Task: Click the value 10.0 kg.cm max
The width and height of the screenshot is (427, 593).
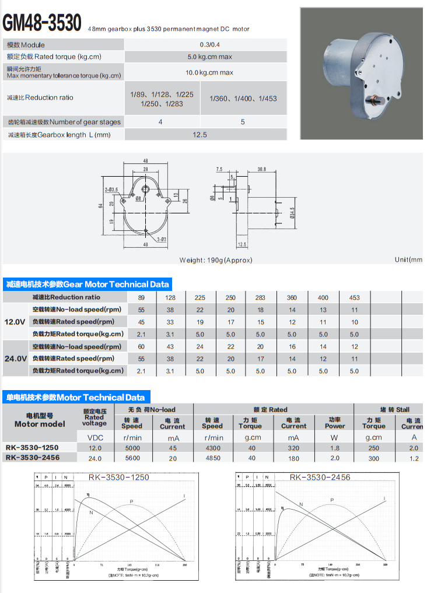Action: point(209,72)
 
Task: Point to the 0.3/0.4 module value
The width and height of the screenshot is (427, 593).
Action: point(209,45)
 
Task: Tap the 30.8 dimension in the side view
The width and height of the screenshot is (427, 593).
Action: point(261,169)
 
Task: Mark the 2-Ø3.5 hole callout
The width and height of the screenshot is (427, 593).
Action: point(111,190)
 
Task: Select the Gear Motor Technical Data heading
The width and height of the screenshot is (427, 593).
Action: point(87,285)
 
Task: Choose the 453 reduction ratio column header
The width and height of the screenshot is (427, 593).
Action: point(354,297)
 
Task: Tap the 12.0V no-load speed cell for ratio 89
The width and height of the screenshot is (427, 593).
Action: point(141,310)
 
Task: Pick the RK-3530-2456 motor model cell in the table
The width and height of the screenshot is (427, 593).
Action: point(32,458)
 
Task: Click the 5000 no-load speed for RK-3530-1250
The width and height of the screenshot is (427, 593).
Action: point(132,448)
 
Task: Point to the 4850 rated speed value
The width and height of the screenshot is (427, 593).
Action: point(213,458)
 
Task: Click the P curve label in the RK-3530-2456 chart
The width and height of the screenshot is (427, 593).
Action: point(332,500)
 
